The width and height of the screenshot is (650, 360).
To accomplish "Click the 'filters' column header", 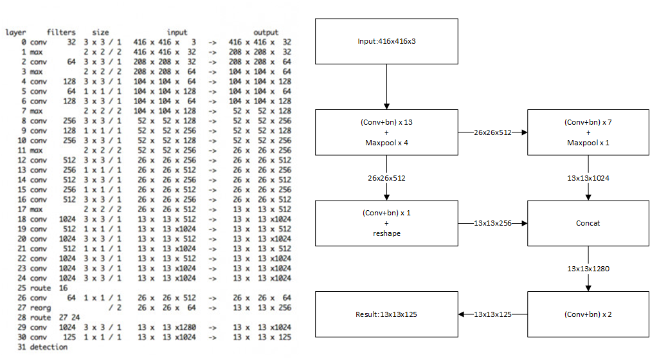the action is (x=61, y=32).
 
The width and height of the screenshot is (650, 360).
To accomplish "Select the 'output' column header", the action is (x=266, y=32).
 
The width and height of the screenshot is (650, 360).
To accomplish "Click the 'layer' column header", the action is (x=16, y=33).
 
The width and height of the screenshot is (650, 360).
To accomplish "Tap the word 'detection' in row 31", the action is (x=48, y=347).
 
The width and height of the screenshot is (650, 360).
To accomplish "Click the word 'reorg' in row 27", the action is (x=41, y=308).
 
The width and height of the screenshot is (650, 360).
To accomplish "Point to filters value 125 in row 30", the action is (x=69, y=337).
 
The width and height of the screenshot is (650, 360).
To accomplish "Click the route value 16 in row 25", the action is (x=63, y=288).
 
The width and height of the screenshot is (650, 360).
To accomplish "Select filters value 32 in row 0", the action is (x=71, y=42).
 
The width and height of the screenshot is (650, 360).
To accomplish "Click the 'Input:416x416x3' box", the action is (x=386, y=41).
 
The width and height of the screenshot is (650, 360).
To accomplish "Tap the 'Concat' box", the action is (x=588, y=223).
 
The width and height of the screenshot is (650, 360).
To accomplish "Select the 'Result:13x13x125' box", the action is (x=386, y=314).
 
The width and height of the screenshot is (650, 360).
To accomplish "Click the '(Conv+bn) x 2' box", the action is (x=588, y=314).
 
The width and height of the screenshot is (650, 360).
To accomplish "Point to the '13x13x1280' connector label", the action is (x=588, y=269).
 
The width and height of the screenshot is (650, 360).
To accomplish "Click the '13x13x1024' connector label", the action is (x=588, y=178).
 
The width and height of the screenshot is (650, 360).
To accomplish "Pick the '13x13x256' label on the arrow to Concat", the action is (x=492, y=223).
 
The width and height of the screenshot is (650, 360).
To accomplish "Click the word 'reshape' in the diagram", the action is (x=386, y=233).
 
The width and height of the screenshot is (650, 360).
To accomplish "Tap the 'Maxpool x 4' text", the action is (x=386, y=143).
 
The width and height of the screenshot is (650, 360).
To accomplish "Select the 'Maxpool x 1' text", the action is (x=588, y=143).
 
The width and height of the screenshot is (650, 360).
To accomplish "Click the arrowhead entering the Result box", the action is (x=461, y=314).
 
